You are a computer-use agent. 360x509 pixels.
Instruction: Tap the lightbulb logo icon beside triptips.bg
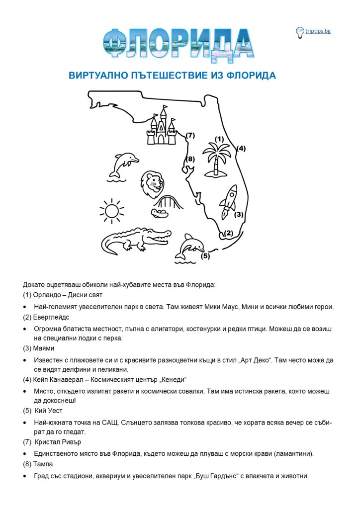[x=300, y=32]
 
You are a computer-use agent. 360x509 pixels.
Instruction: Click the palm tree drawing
[x=217, y=159]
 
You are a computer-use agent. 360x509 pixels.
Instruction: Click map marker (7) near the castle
[x=190, y=135]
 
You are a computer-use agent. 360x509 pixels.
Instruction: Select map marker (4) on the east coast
[x=241, y=148]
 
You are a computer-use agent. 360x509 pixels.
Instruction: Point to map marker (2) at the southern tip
[x=228, y=233]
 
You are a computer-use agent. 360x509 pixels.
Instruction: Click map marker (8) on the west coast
[x=189, y=159]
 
